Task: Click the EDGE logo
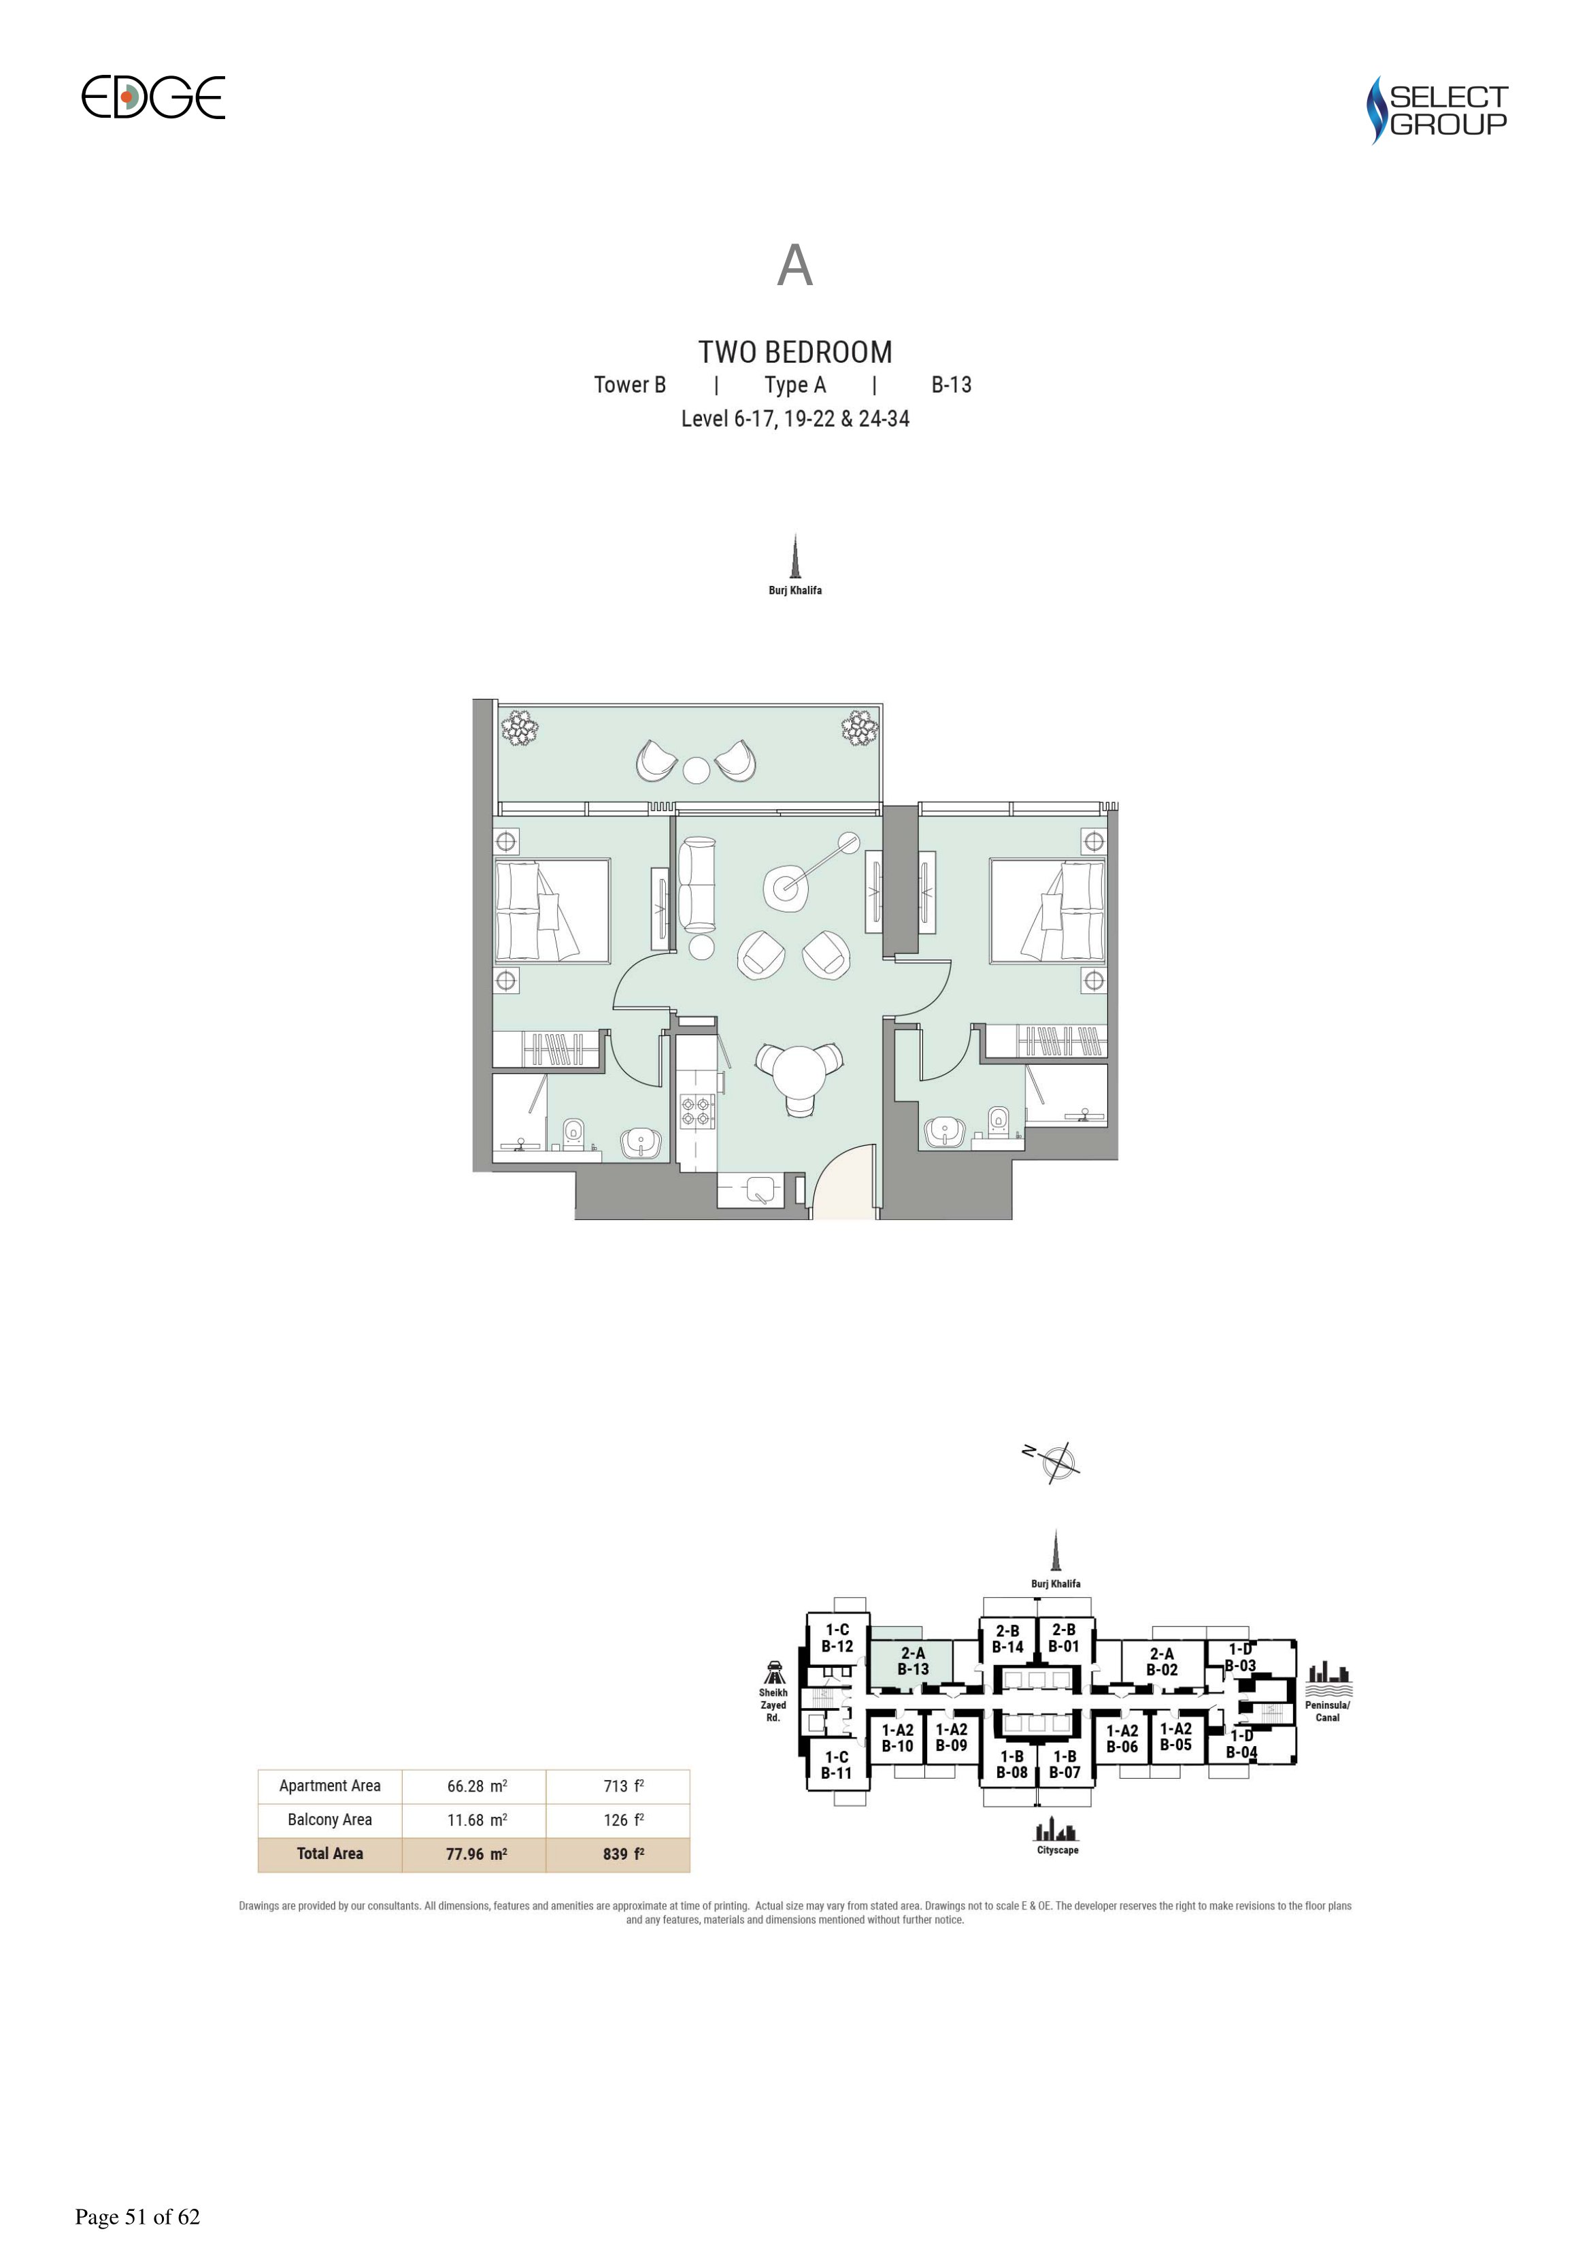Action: (x=153, y=97)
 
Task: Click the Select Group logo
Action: (x=1437, y=110)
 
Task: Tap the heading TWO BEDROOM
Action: (x=795, y=352)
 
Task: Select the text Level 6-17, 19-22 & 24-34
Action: (x=795, y=418)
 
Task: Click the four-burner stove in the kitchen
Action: (x=697, y=1111)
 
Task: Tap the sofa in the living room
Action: (x=698, y=885)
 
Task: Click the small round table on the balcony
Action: (x=696, y=770)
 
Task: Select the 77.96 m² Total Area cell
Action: (x=476, y=1853)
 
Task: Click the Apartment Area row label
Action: (x=329, y=1786)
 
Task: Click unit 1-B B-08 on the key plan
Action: (x=1011, y=1764)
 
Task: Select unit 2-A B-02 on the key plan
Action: (x=1162, y=1662)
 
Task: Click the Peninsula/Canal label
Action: (x=1327, y=1711)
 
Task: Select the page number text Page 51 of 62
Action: (x=137, y=2217)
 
